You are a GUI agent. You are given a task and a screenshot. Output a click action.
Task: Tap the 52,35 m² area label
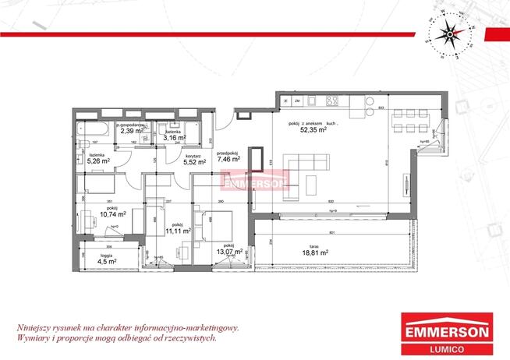pos(313,130)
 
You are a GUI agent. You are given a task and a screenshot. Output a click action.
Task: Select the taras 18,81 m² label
pos(315,251)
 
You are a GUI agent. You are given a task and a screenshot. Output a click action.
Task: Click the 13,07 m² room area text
pos(231,252)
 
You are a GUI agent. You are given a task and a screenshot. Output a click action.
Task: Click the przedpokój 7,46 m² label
pos(228,157)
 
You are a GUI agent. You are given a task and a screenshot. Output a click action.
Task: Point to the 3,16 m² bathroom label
pos(174,136)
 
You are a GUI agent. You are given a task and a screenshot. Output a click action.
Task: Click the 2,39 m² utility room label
pos(129,130)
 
